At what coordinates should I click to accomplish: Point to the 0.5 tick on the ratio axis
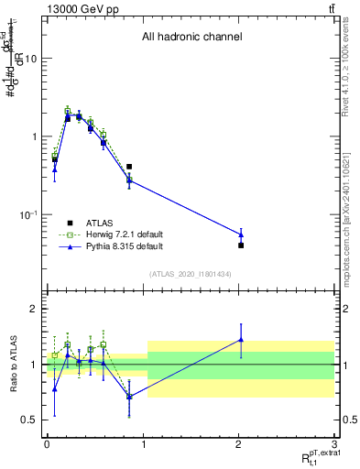[27, 420]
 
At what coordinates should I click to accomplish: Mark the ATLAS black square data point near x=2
[241, 245]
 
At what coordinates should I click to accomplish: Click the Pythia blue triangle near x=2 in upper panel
[241, 234]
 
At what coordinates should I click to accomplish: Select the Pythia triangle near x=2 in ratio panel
[241, 339]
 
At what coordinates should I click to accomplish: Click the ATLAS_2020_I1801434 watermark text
[190, 275]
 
